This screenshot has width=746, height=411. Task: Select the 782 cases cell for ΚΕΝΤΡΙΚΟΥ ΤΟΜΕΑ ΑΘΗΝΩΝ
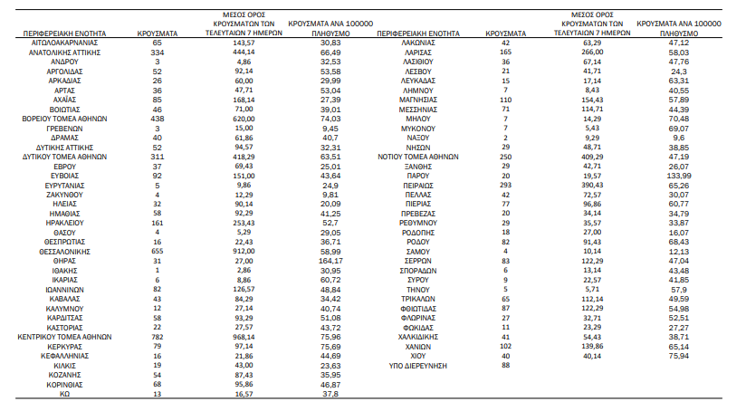(157, 335)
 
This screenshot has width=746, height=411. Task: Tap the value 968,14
(244, 335)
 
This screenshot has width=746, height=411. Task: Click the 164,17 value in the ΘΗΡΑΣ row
(330, 261)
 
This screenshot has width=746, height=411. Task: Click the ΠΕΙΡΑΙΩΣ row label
(418, 183)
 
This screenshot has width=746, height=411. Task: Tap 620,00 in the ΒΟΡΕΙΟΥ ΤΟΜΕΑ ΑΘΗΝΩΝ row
(244, 119)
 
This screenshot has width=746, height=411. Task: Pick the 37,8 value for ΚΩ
(330, 394)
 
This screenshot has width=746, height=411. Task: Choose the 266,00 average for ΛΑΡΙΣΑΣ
(593, 53)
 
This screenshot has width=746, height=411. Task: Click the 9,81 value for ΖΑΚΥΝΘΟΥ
(330, 194)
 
